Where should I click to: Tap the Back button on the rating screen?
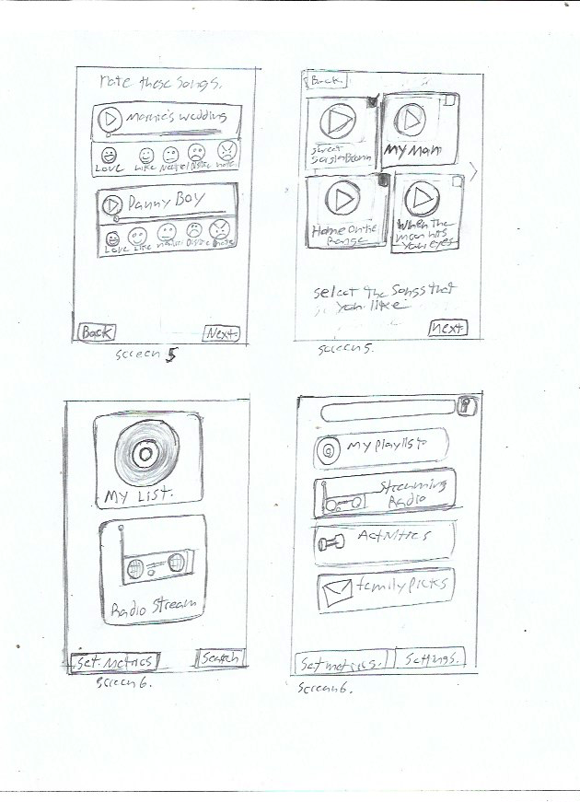pos(96,332)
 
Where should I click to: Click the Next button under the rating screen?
pos(221,333)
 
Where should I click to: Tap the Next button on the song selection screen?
pos(447,328)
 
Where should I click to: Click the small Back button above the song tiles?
pos(323,82)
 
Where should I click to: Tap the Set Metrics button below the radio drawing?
pos(114,660)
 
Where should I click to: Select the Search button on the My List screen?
pos(220,657)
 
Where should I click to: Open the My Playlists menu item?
pos(381,447)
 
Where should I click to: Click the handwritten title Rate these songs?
pos(160,84)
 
